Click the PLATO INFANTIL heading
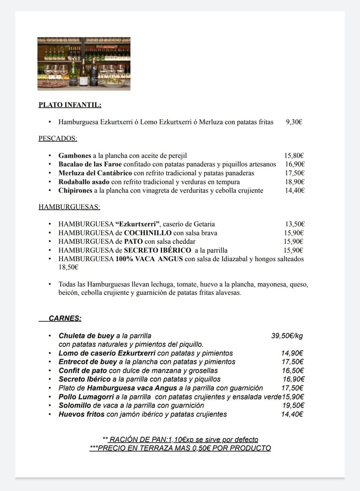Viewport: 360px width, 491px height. pyautogui.click(x=70, y=105)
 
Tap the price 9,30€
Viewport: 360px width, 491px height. pyautogui.click(x=294, y=122)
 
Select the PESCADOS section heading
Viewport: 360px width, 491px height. pyautogui.click(x=58, y=138)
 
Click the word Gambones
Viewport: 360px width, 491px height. pyautogui.click(x=75, y=155)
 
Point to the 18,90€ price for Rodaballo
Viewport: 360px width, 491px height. pyautogui.click(x=294, y=181)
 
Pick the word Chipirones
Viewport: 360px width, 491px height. pyautogui.click(x=75, y=190)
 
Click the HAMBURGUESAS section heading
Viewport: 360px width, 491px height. pyautogui.click(x=69, y=206)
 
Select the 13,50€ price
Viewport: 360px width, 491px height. pyautogui.click(x=295, y=224)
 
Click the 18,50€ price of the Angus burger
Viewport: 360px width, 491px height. pyautogui.click(x=68, y=267)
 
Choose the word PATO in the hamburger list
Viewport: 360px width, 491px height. pyautogui.click(x=133, y=241)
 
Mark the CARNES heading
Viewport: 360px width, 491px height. pyautogui.click(x=65, y=318)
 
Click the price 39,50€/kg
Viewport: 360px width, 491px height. pyautogui.click(x=287, y=336)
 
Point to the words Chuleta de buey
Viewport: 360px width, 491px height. pyautogui.click(x=86, y=336)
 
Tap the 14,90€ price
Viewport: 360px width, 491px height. pyautogui.click(x=292, y=353)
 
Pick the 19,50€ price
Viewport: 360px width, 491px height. pyautogui.click(x=292, y=405)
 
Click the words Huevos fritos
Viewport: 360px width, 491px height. pyautogui.click(x=82, y=414)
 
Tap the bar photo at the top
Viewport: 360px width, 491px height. pyautogui.click(x=84, y=63)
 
